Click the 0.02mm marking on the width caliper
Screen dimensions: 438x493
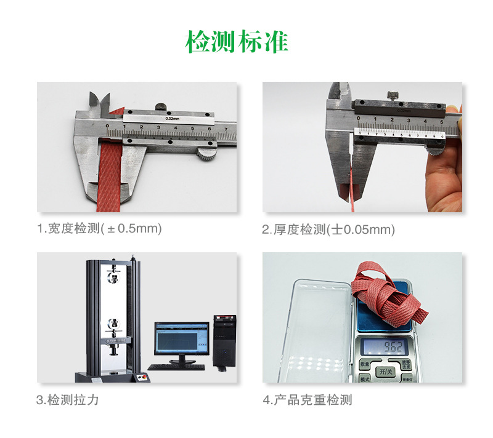pos(173,118)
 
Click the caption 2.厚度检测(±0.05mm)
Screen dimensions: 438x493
pos(328,230)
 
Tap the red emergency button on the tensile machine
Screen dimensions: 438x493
pos(141,377)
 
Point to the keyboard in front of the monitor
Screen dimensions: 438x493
pos(177,367)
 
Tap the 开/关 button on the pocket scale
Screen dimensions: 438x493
pos(386,372)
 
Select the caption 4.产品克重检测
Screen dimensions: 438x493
pos(308,400)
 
